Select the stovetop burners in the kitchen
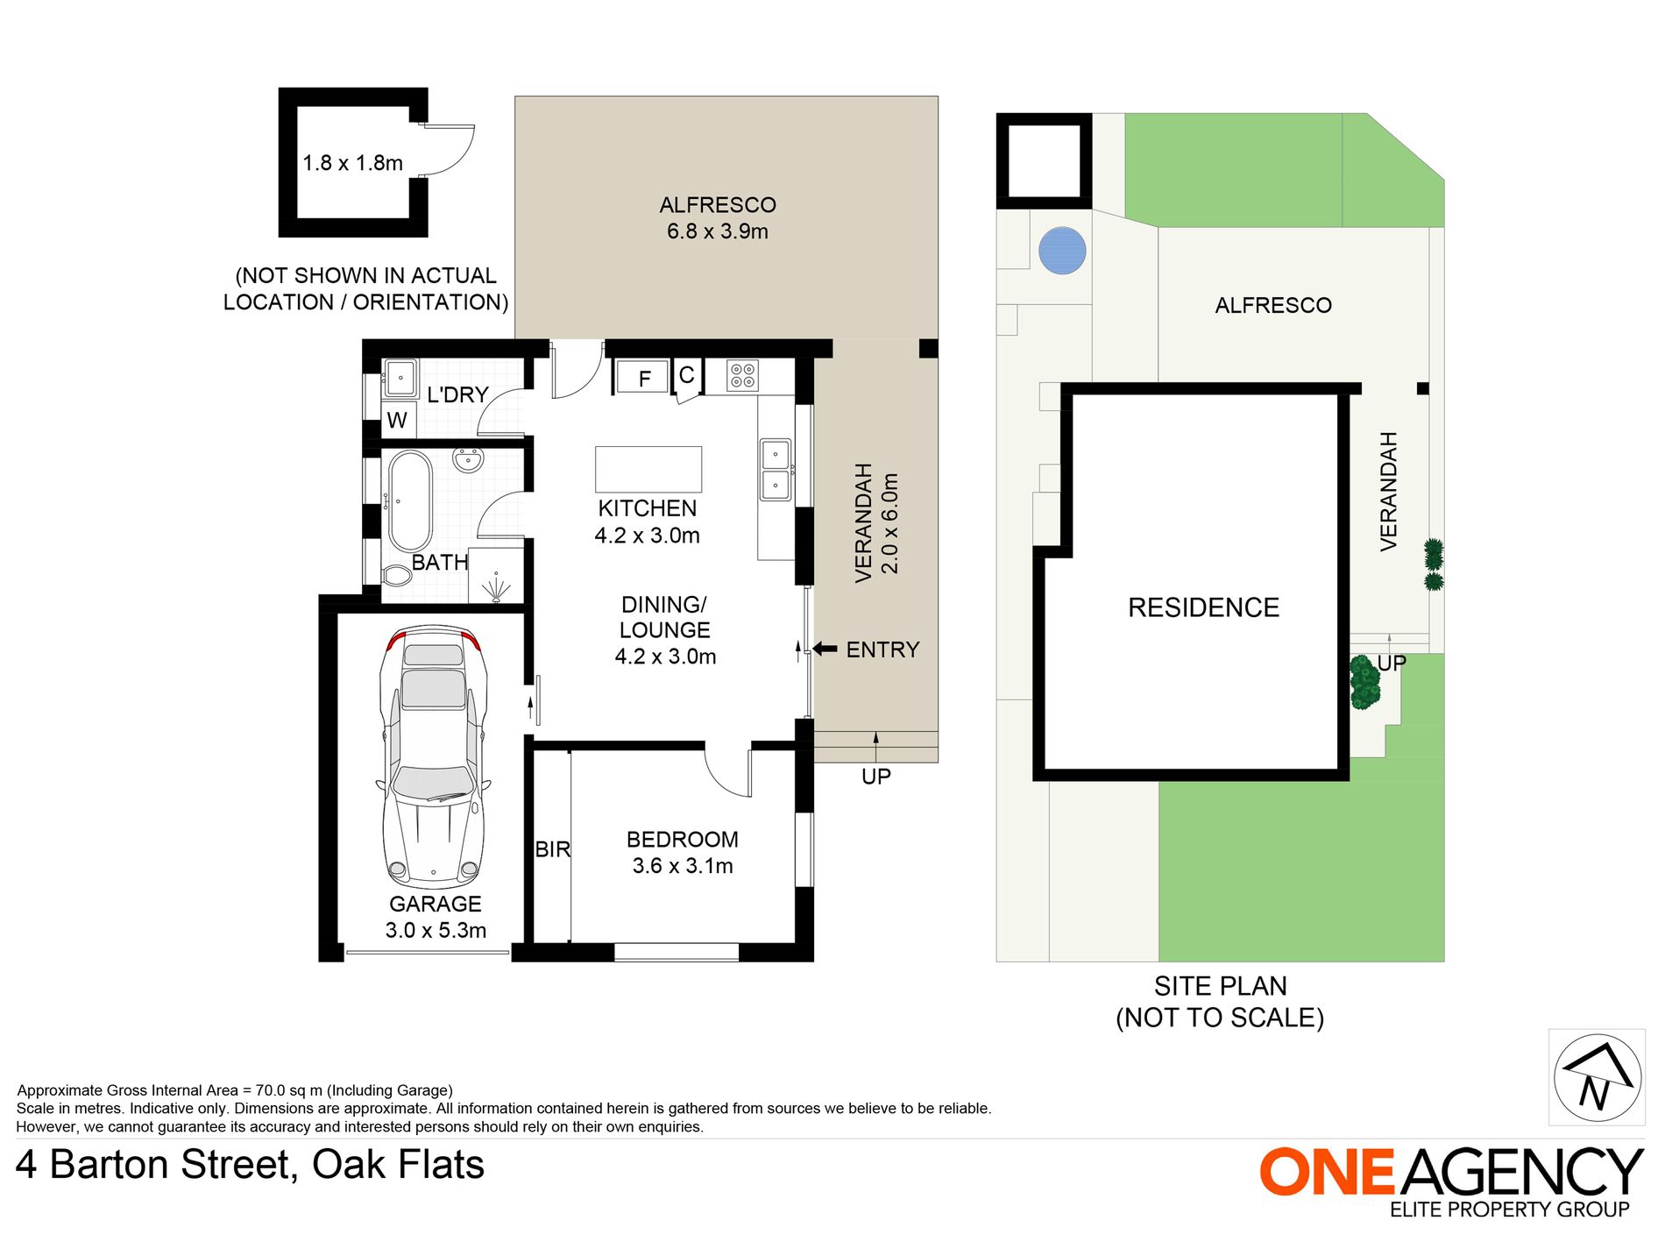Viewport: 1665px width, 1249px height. coord(743,376)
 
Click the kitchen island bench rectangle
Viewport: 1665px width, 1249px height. coord(648,469)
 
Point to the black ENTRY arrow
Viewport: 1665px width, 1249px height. coord(825,649)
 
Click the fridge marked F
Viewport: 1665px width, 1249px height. coord(643,378)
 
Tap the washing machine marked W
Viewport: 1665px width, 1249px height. coord(398,421)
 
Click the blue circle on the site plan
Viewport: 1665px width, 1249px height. coord(1063,251)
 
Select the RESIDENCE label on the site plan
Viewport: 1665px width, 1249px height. coord(1203,607)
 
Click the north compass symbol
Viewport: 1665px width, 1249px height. coord(1598,1077)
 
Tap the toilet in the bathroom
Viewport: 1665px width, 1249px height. coord(397,576)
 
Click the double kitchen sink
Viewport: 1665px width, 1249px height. coord(776,470)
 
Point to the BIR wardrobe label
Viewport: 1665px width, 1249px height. coord(552,849)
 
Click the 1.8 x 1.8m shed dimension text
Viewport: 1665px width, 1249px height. coord(352,163)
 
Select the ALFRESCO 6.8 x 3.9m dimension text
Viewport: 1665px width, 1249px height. coord(717,231)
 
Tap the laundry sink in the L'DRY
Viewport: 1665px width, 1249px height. coord(400,379)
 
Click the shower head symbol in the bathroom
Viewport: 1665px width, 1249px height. coord(497,587)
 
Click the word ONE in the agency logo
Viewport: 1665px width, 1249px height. coord(1328,1172)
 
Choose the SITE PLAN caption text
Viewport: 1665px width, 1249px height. coord(1220,987)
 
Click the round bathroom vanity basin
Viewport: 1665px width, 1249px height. coord(469,459)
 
